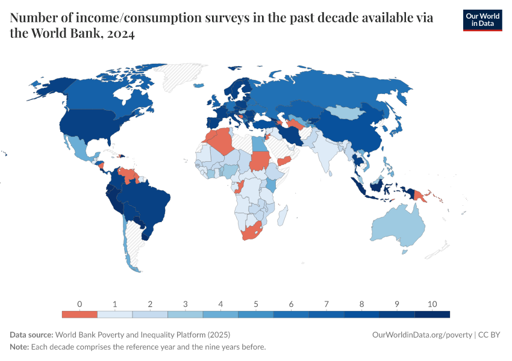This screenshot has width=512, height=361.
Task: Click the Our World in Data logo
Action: click(482, 20)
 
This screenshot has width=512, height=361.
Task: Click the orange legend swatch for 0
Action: click(80, 314)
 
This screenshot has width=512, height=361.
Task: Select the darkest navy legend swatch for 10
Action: click(432, 314)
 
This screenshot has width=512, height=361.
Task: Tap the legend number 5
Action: click(256, 304)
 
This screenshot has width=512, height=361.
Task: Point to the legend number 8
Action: click(362, 304)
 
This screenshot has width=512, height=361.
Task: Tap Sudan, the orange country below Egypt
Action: click(260, 161)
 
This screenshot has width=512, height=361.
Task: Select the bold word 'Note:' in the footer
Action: click(20, 347)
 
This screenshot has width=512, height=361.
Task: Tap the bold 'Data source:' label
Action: click(31, 335)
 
